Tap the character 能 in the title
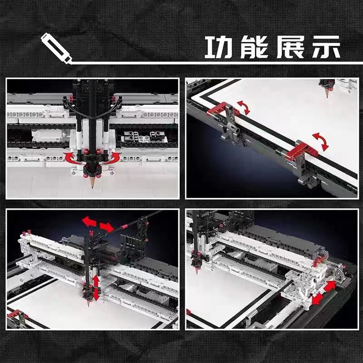256,47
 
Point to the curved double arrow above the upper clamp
244,108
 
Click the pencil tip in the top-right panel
327,93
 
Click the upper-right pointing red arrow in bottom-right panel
329,286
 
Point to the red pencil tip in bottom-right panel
196,271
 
